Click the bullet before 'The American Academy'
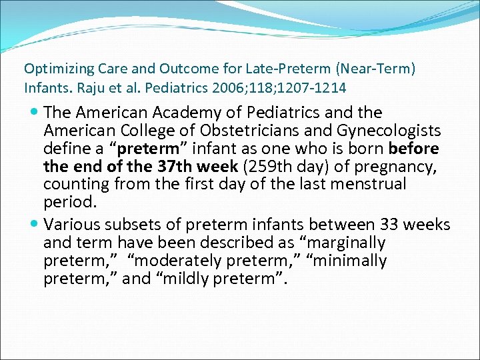tap(34, 113)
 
